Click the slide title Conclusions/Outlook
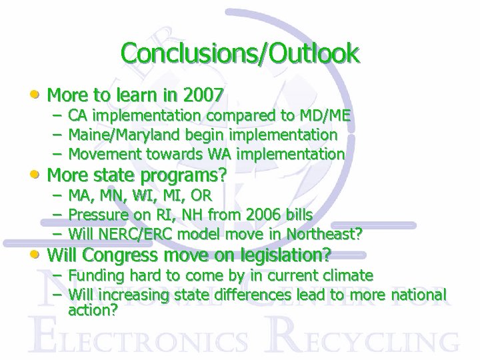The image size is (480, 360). click(240, 53)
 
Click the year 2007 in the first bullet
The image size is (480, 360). click(203, 95)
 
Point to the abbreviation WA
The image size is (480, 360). click(219, 154)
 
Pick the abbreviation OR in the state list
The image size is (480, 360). click(201, 195)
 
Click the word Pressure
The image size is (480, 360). click(98, 215)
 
